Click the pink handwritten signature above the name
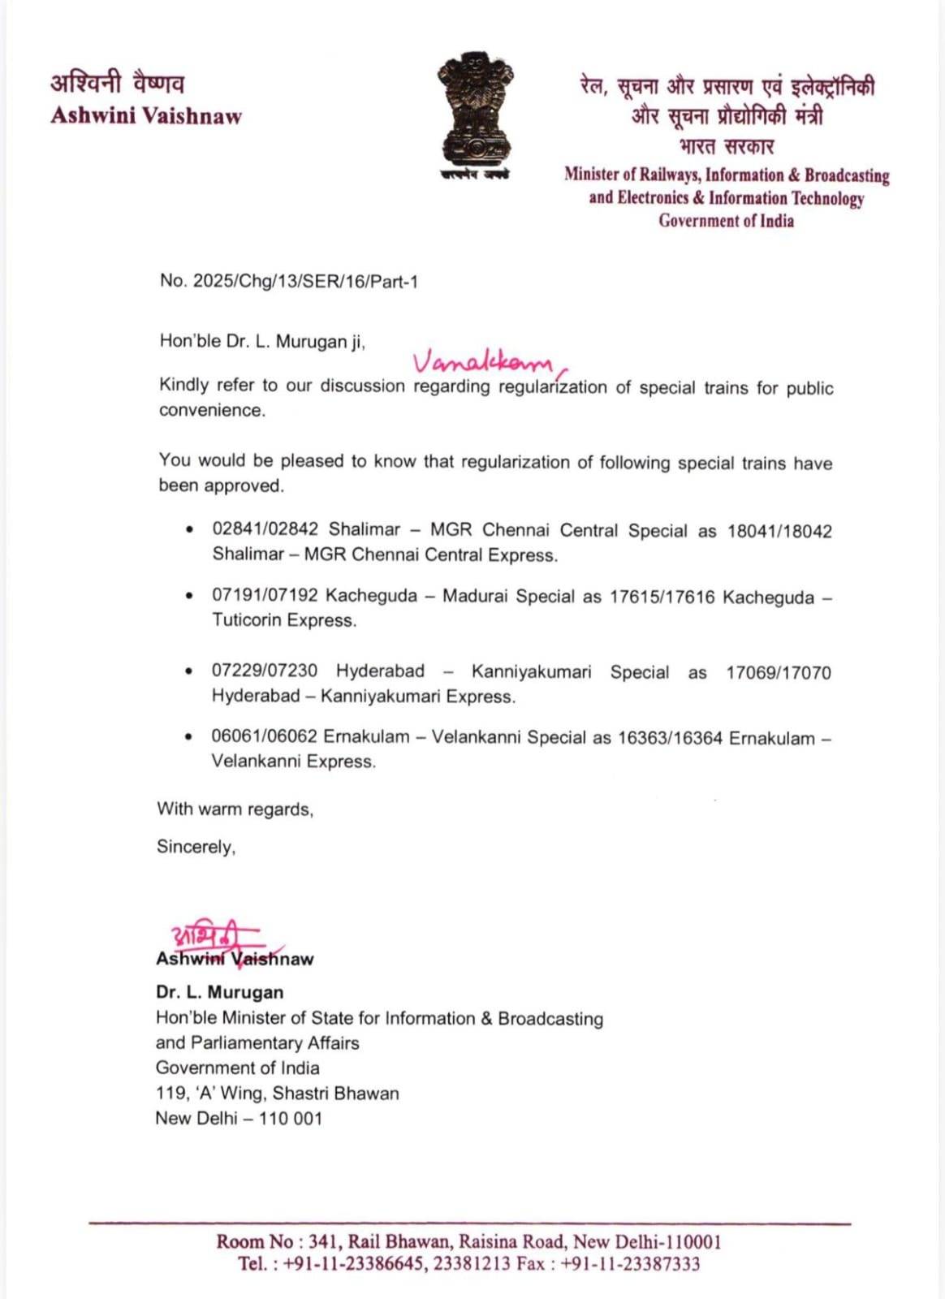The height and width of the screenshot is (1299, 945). [213, 940]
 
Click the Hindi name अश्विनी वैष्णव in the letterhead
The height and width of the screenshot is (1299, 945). [118, 84]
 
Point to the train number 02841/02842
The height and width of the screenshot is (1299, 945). [265, 529]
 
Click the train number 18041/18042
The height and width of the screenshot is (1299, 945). [779, 532]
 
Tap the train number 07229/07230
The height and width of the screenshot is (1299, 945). [264, 671]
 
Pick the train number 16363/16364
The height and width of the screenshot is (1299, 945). [669, 738]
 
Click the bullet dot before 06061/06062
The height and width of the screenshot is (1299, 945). [189, 737]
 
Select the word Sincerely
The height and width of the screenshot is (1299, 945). [196, 847]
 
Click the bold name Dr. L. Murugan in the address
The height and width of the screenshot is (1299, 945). [219, 992]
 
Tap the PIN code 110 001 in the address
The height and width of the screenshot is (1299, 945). [291, 1119]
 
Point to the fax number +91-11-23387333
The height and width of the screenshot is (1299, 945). [630, 1264]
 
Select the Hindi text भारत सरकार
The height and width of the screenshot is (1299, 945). [727, 147]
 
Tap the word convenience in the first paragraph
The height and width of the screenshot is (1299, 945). [212, 410]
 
